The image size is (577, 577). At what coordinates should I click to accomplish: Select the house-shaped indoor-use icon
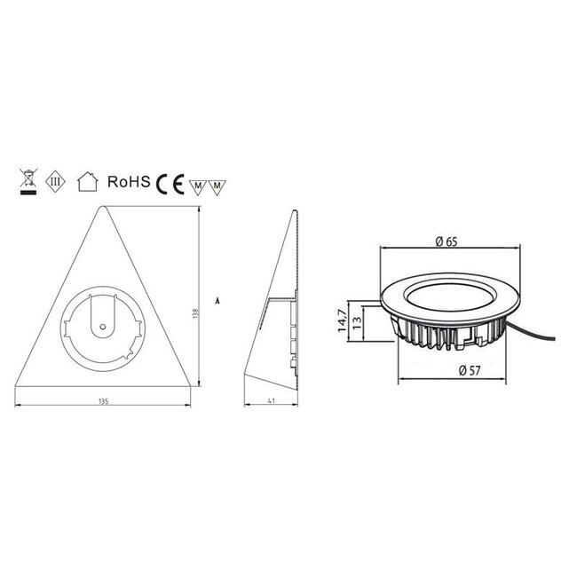click(86, 183)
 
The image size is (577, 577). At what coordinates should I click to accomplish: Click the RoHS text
click(127, 182)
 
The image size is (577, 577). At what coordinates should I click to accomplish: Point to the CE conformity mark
click(170, 184)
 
